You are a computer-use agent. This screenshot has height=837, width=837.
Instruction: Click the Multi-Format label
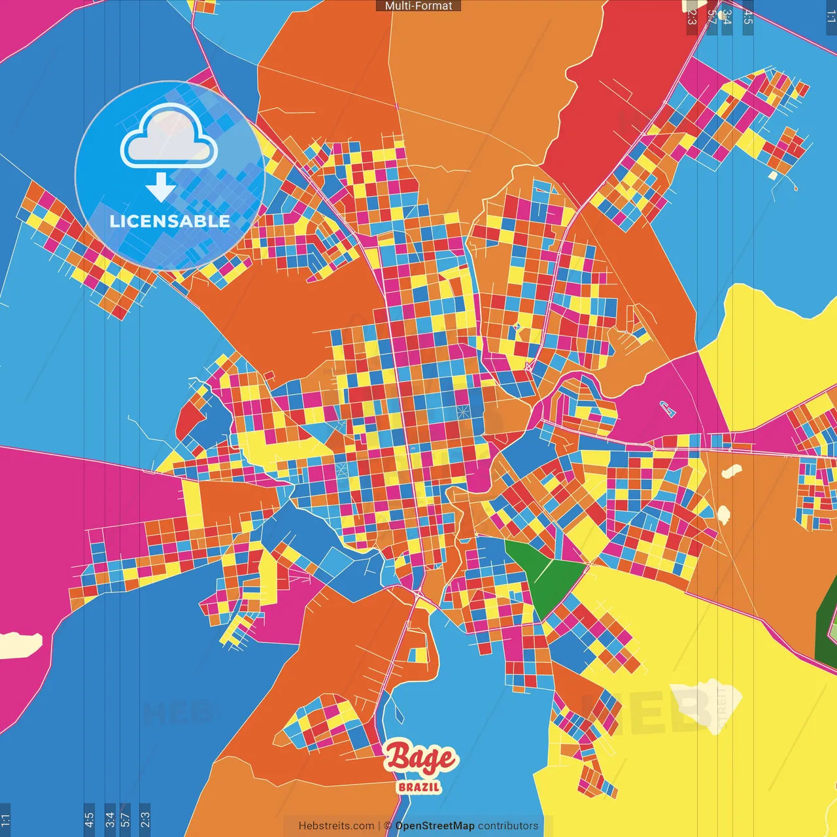(418, 6)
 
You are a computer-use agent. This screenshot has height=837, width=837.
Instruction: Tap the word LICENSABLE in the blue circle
(170, 221)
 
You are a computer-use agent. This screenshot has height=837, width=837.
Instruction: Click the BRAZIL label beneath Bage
(419, 787)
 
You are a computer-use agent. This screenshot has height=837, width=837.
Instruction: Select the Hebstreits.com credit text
(336, 826)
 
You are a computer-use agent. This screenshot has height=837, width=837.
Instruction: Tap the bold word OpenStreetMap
(435, 826)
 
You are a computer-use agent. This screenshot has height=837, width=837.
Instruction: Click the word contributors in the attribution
(508, 826)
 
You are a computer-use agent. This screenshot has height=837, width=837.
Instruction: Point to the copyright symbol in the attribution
(387, 826)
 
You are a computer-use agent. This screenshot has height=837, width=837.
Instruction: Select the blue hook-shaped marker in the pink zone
(666, 409)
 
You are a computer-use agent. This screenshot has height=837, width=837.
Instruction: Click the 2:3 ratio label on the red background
(692, 17)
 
